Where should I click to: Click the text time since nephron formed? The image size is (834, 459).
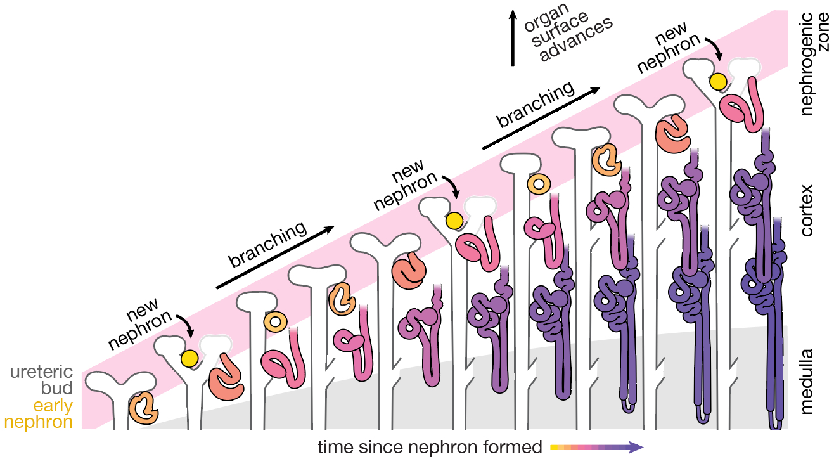tap(430, 447)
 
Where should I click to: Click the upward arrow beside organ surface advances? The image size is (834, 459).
tap(513, 38)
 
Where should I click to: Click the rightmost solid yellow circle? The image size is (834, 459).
tap(717, 81)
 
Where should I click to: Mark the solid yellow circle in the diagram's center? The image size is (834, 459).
tap(453, 221)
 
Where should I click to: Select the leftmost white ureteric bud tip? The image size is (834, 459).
tap(120, 381)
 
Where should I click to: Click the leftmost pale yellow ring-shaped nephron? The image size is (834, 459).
tap(275, 321)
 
